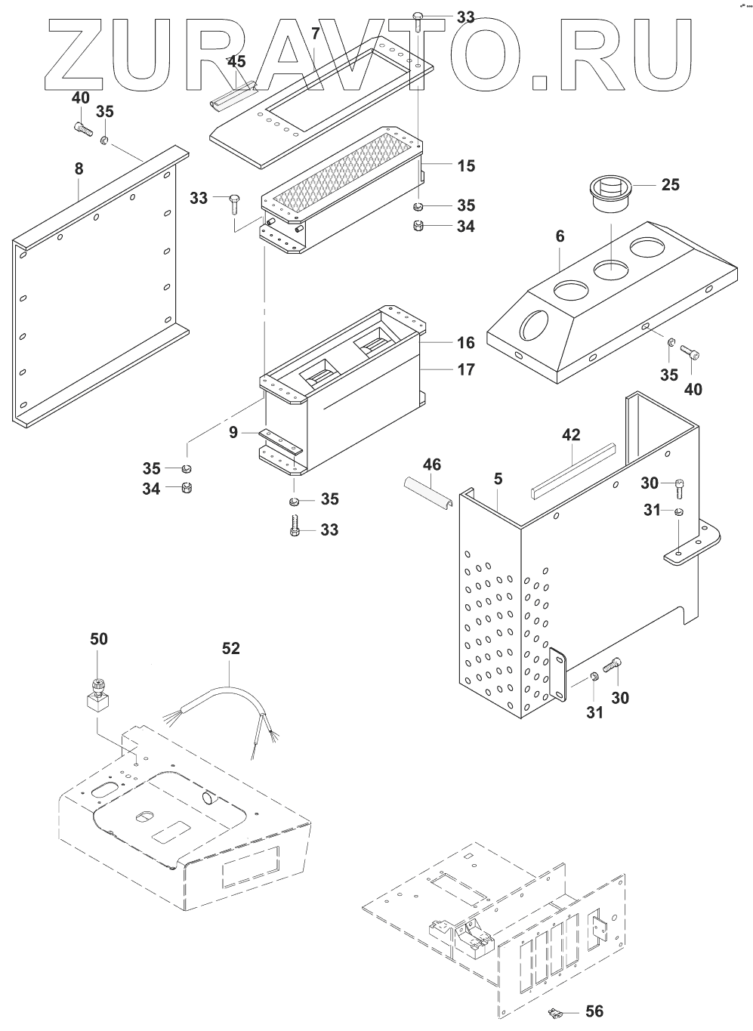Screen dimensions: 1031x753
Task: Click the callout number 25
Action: pyautogui.click(x=670, y=184)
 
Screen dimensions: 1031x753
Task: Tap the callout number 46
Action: pyautogui.click(x=431, y=465)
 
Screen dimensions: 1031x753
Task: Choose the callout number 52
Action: pyautogui.click(x=230, y=648)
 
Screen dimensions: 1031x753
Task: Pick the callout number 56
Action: pyautogui.click(x=594, y=1011)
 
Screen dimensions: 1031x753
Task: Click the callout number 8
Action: pyautogui.click(x=79, y=170)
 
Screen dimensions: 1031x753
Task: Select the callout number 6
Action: pyautogui.click(x=559, y=236)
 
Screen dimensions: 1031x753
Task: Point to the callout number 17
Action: pyautogui.click(x=466, y=369)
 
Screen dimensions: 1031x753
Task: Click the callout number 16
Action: pyautogui.click(x=466, y=343)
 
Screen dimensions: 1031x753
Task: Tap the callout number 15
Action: pyautogui.click(x=466, y=165)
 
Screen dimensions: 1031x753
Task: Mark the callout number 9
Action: pyautogui.click(x=234, y=433)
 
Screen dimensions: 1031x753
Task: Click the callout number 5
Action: pyautogui.click(x=498, y=478)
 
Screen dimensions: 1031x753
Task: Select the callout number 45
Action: pyautogui.click(x=236, y=62)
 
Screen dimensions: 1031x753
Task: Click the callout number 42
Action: pyautogui.click(x=571, y=434)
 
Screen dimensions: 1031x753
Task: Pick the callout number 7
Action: pyautogui.click(x=315, y=33)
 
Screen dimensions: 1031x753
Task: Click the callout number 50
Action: pyautogui.click(x=98, y=639)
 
